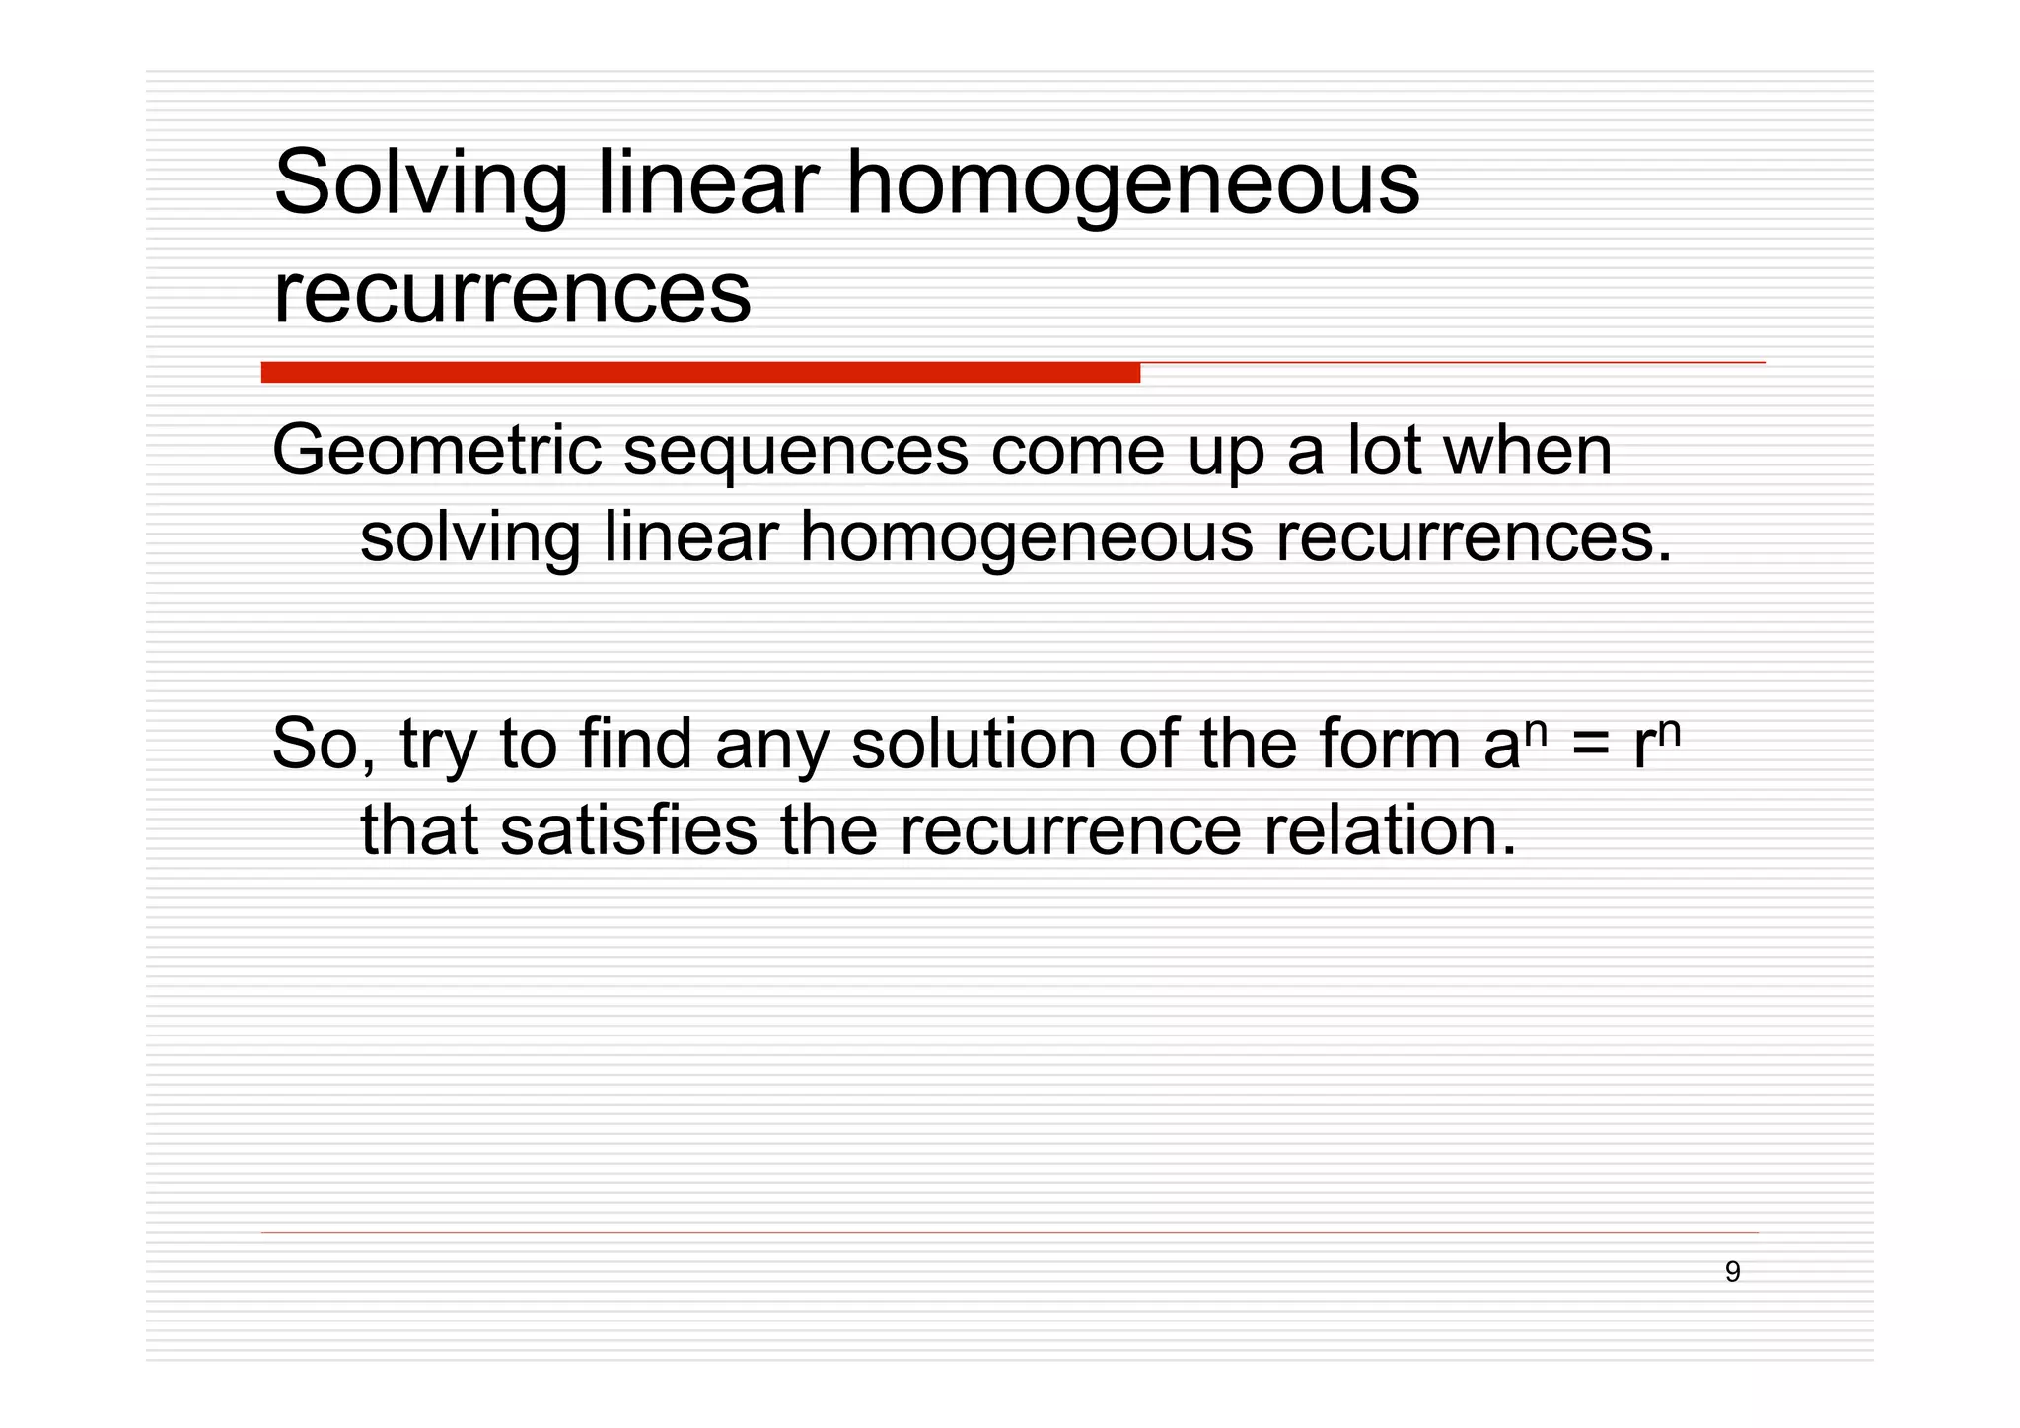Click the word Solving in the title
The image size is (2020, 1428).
[420, 183]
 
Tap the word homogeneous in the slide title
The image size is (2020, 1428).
[1132, 183]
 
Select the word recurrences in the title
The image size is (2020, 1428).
[512, 293]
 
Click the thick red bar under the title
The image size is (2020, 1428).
[700, 373]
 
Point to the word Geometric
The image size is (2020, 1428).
[436, 452]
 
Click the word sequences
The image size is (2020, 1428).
[796, 452]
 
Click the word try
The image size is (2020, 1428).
[438, 746]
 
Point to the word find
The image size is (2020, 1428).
[635, 744]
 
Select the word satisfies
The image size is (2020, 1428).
[628, 830]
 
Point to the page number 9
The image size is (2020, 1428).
[1732, 1272]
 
